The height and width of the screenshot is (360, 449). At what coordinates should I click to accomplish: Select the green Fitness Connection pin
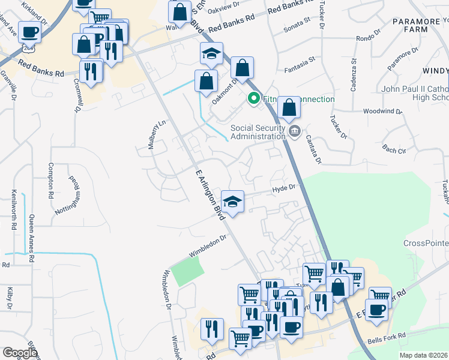pos(254,98)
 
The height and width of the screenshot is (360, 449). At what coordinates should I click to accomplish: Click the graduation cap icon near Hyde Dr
pos(232,201)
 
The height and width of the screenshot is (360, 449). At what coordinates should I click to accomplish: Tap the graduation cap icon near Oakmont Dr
pos(211,54)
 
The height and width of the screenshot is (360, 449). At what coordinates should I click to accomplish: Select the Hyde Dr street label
pos(285,188)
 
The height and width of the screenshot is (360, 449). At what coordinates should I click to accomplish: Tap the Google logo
pos(20,353)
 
